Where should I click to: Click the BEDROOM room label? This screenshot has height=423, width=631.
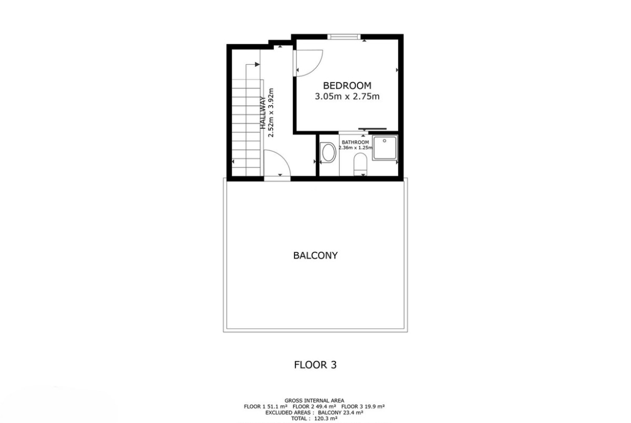pyautogui.click(x=347, y=85)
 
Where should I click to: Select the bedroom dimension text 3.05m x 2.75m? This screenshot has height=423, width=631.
pyautogui.click(x=347, y=96)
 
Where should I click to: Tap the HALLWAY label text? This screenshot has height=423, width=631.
pyautogui.click(x=263, y=113)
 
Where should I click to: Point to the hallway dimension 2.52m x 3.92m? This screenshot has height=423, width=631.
pyautogui.click(x=271, y=113)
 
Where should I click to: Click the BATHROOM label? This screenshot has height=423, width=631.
pyautogui.click(x=355, y=142)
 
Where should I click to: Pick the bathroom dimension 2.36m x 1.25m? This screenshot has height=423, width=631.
pyautogui.click(x=355, y=148)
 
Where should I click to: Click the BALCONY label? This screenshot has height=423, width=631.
pyautogui.click(x=315, y=255)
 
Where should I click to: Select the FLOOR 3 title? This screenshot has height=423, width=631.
pyautogui.click(x=315, y=365)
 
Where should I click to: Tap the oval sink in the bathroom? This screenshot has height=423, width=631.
pyautogui.click(x=329, y=152)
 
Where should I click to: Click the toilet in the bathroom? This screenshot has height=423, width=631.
pyautogui.click(x=360, y=164)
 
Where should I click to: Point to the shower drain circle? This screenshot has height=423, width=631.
pyautogui.click(x=385, y=141)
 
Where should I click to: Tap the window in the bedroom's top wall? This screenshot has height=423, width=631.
pyautogui.click(x=343, y=37)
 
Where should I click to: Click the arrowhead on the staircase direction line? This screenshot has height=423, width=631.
pyautogui.click(x=258, y=64)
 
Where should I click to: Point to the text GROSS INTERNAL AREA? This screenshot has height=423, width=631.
pyautogui.click(x=314, y=400)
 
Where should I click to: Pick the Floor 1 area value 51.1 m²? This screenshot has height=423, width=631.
pyautogui.click(x=276, y=406)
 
